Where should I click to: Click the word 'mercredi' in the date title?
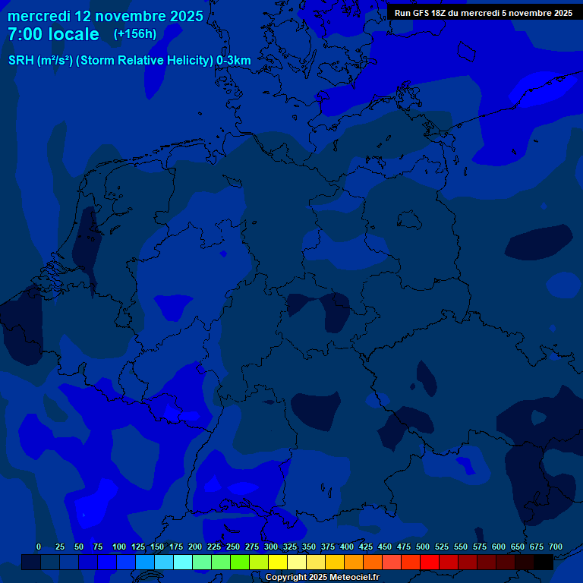pyautogui.click(x=39, y=16)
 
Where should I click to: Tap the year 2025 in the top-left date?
pyautogui.click(x=181, y=16)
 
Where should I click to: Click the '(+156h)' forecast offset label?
pyautogui.click(x=134, y=34)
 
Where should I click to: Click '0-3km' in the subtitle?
pyautogui.click(x=233, y=61)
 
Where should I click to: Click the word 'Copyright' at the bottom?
pyautogui.click(x=286, y=578)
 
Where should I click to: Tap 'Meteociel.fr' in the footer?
pyautogui.click(x=355, y=578)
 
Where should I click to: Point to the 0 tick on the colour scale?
pyautogui.click(x=39, y=547)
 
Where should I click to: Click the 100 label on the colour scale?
pyautogui.click(x=119, y=547)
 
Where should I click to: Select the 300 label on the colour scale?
pyautogui.click(x=271, y=547)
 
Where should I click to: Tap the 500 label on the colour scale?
pyautogui.click(x=423, y=547)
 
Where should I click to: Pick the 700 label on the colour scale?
pyautogui.click(x=556, y=547)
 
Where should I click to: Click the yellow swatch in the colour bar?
pyautogui.click(x=278, y=562)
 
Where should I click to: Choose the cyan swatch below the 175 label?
pyautogui.click(x=183, y=562)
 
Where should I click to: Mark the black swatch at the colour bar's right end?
pyautogui.click(x=544, y=562)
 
